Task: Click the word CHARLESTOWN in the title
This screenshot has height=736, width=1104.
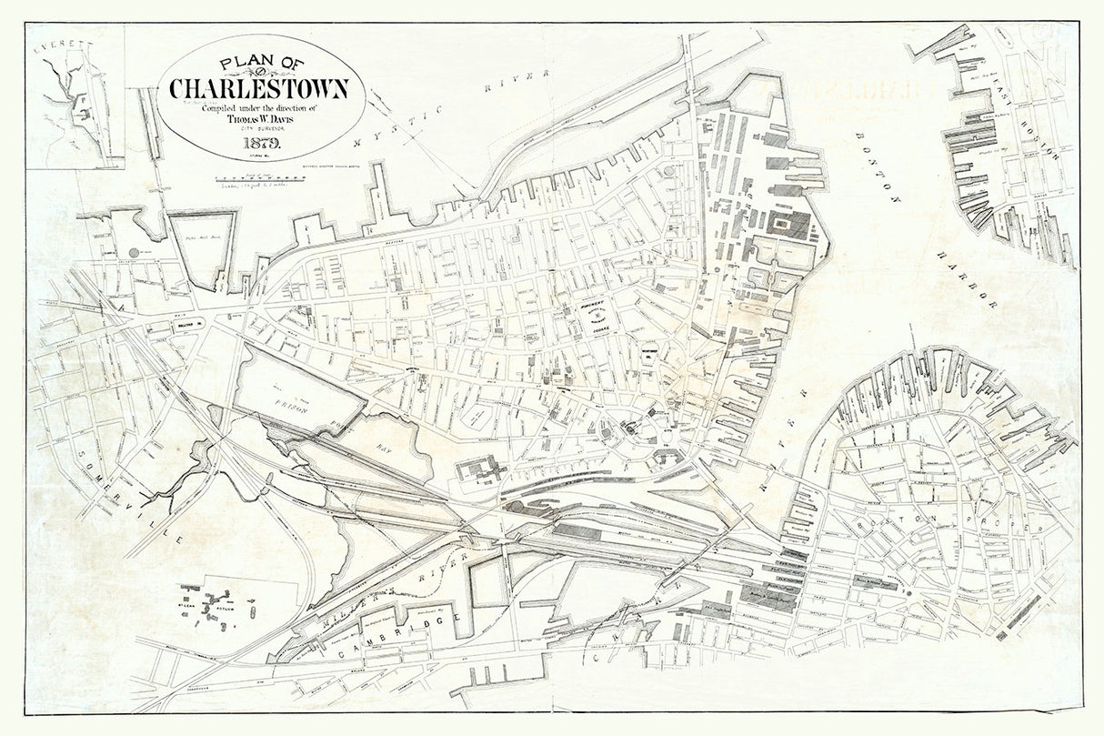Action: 259,89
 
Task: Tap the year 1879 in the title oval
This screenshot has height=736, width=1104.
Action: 263,143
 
